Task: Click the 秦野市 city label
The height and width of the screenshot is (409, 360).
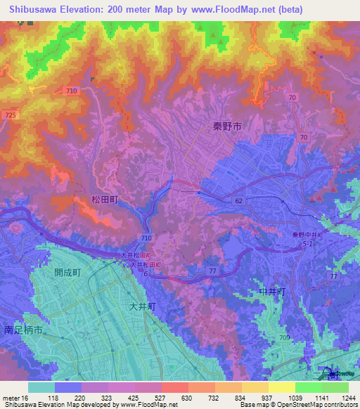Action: tap(227, 126)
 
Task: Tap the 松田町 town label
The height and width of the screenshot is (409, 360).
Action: tap(105, 200)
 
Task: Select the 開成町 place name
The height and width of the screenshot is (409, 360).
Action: tap(68, 273)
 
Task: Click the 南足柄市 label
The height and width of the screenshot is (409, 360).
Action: tap(23, 329)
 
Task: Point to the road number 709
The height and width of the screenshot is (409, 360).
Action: tap(283, 338)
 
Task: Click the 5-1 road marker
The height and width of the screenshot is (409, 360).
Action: tap(308, 244)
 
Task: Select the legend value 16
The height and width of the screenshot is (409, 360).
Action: tap(25, 397)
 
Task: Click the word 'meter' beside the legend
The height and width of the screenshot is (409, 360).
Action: tap(11, 397)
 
